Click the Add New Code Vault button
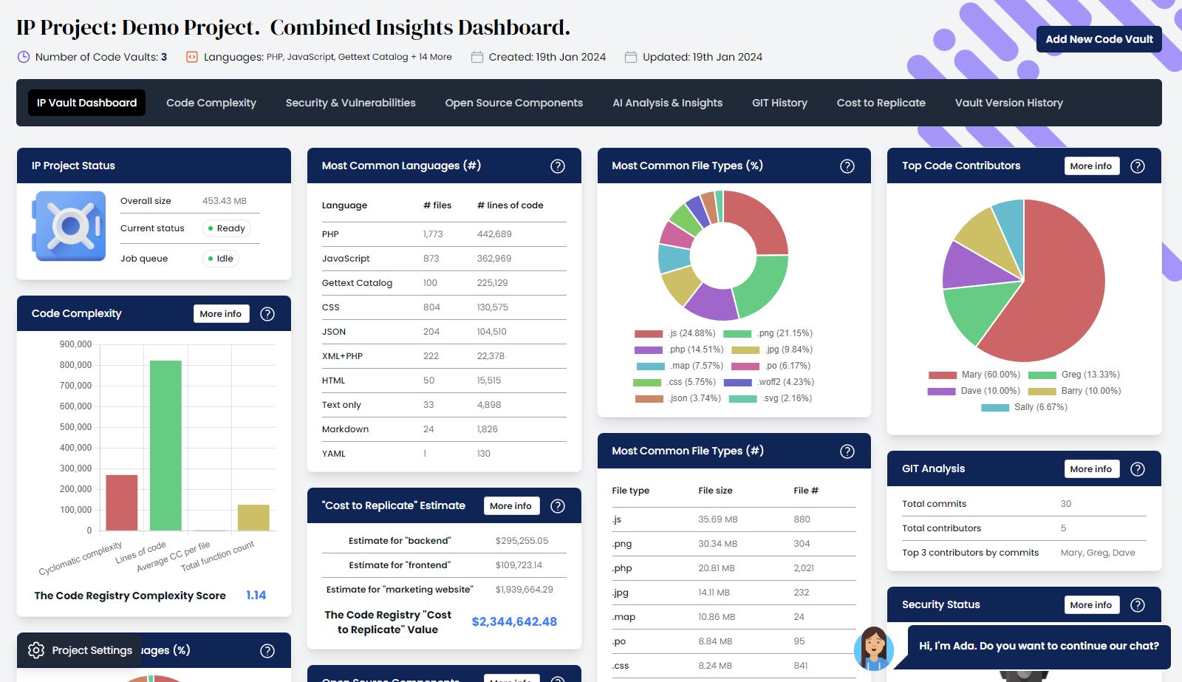point(1099,39)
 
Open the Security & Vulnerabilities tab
point(350,103)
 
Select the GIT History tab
point(779,103)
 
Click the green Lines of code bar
point(165,445)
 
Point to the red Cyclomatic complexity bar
point(122,502)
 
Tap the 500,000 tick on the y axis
point(75,427)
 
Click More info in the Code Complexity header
point(220,314)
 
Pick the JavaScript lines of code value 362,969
point(494,259)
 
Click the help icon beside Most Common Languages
point(558,166)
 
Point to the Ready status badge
point(226,228)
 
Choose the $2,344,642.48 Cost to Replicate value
point(514,621)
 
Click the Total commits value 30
point(1065,504)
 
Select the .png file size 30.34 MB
point(717,544)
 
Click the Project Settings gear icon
point(36,650)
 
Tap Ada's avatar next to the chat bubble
point(874,647)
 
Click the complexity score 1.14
point(256,595)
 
